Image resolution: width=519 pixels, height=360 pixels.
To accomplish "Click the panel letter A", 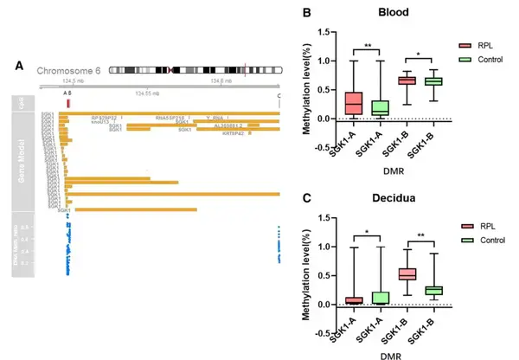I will click(20, 67).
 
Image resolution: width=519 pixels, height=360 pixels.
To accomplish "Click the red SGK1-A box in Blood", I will click(353, 103).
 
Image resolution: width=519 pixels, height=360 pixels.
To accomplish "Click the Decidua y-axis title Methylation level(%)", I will click(305, 273).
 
